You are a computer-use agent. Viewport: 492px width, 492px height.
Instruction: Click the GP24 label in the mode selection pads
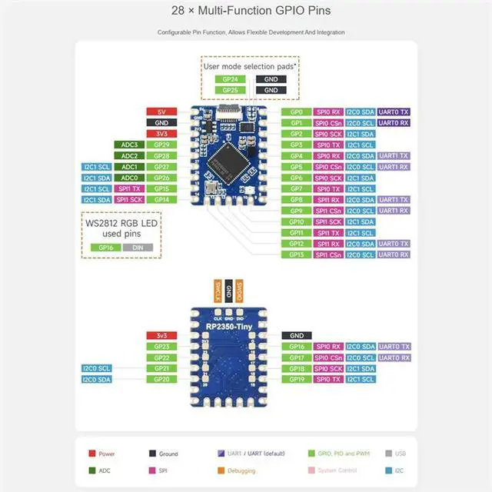(x=230, y=79)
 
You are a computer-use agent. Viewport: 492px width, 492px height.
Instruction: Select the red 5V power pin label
(x=161, y=111)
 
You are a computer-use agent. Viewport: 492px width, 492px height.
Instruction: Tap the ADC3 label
(x=129, y=145)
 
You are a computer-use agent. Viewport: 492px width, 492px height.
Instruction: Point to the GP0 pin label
(x=296, y=111)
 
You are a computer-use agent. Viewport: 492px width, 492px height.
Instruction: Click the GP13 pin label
(x=296, y=254)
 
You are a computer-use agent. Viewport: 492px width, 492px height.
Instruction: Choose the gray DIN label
(x=137, y=248)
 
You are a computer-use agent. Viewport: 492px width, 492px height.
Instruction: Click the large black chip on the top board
(x=231, y=159)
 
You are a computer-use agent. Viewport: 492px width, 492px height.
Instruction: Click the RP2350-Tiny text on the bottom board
(x=228, y=326)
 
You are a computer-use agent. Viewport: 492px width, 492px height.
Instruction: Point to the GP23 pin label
(x=161, y=347)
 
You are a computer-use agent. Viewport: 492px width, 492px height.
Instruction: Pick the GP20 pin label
(x=161, y=379)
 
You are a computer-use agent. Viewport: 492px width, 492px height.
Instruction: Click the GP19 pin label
(x=296, y=379)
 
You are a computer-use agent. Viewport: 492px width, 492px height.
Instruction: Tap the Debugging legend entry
(x=241, y=470)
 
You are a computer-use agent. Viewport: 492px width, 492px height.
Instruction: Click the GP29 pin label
(x=161, y=145)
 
